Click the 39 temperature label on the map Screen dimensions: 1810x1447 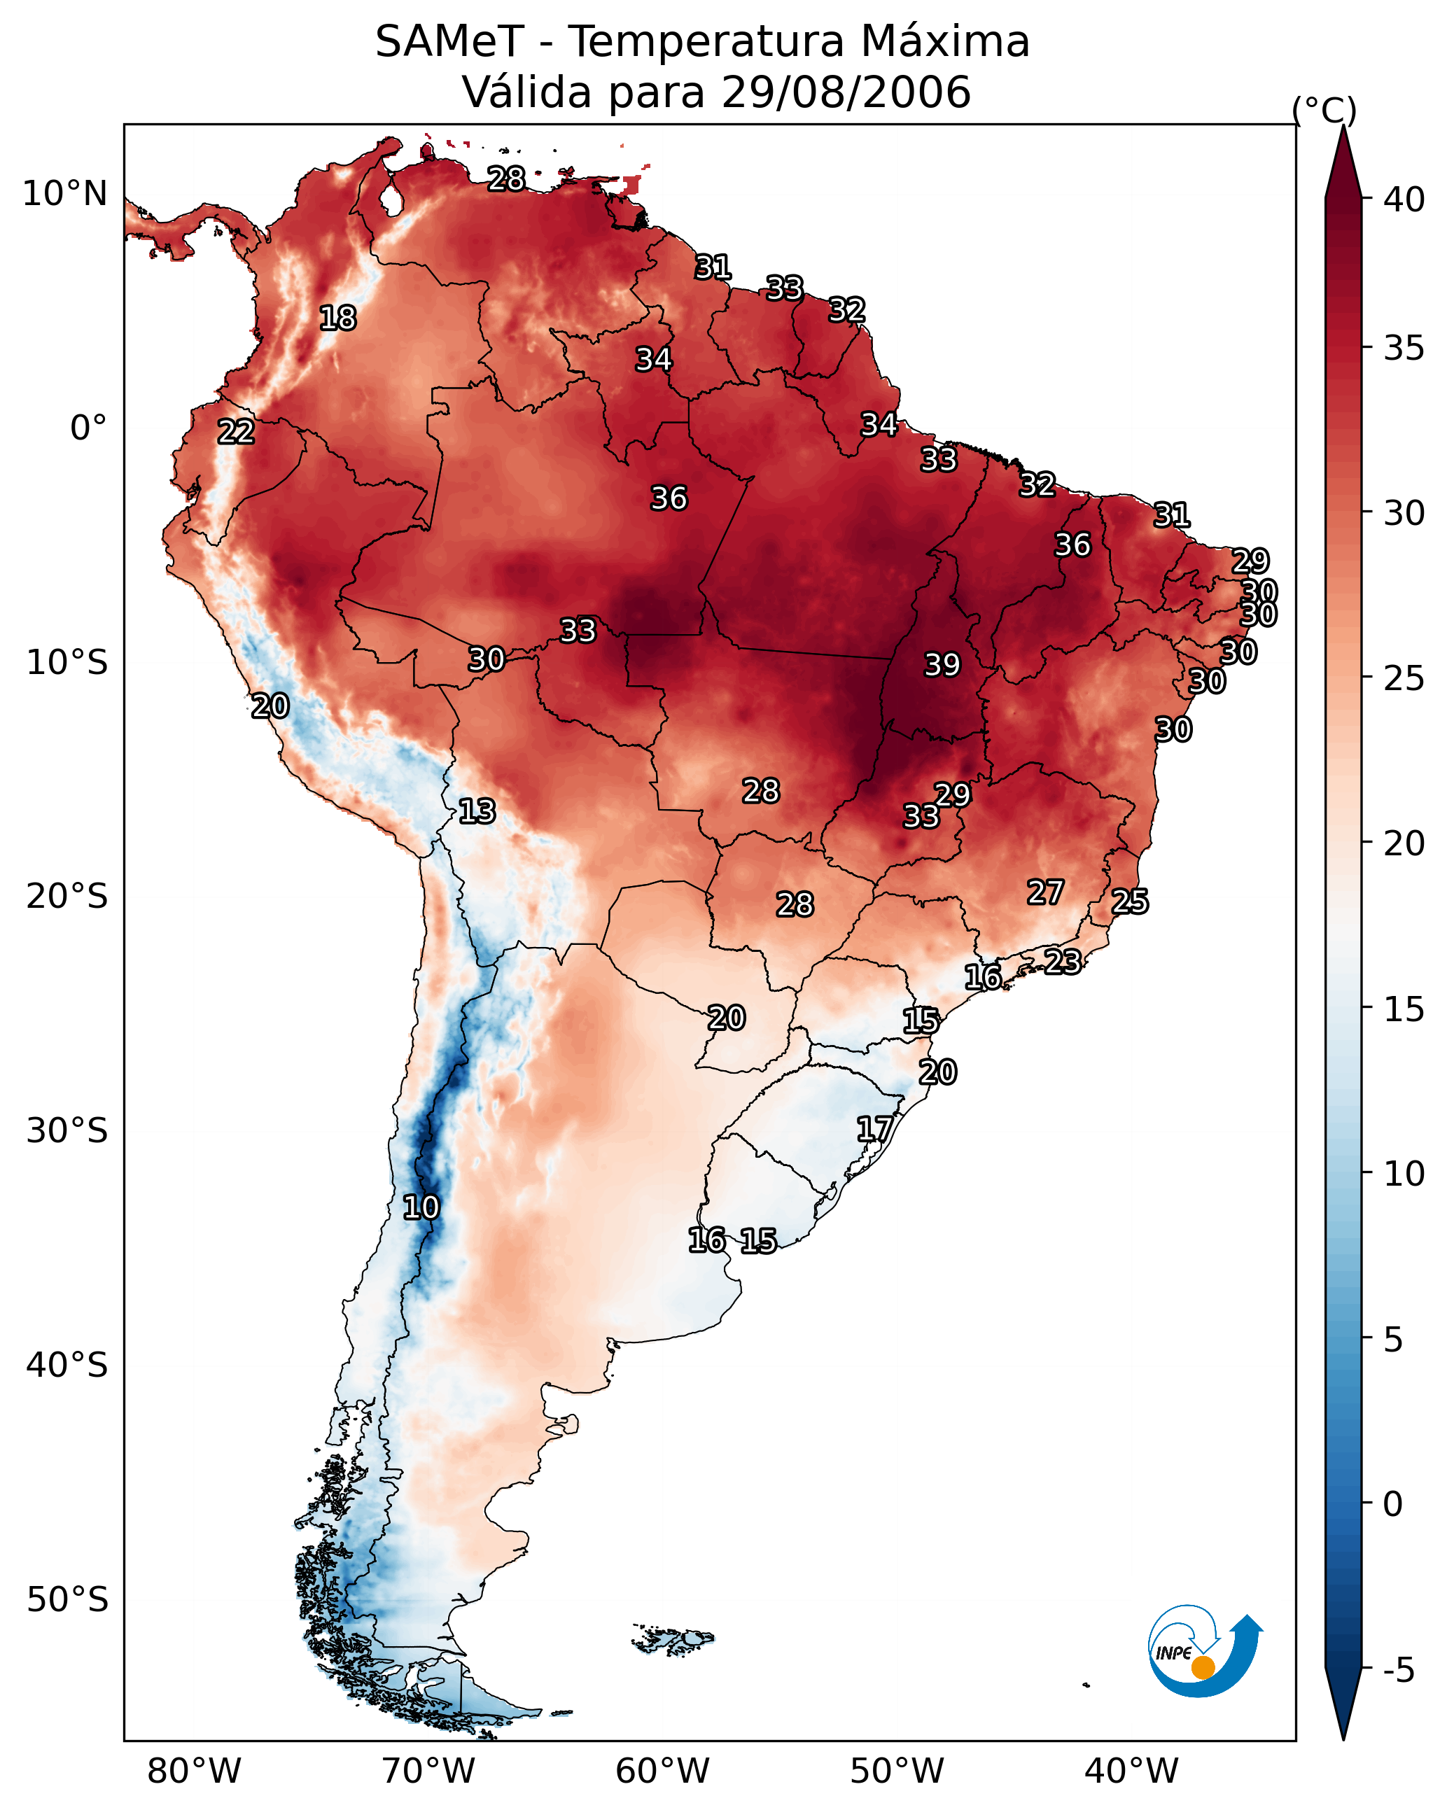coord(942,665)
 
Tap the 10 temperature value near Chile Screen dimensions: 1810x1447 coord(421,1207)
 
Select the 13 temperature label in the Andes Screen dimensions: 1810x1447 coord(477,811)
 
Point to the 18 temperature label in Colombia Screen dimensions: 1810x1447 coord(337,318)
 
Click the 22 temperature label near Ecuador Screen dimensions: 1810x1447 coord(236,432)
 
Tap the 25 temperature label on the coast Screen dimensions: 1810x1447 coord(1130,902)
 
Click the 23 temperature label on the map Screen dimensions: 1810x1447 coord(1063,961)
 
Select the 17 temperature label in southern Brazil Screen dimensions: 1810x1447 coord(874,1128)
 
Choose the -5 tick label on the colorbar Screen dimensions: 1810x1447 coord(1398,1670)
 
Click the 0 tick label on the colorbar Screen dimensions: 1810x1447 coord(1392,1503)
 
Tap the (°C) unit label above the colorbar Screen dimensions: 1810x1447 coord(1324,110)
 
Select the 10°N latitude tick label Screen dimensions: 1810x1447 coord(64,194)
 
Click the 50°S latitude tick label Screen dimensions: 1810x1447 coord(67,1599)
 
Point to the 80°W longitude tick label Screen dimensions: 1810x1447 coord(194,1772)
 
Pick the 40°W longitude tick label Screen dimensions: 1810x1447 coord(1131,1772)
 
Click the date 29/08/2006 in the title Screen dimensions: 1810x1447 coord(846,92)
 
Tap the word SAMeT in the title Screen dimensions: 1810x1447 coord(449,42)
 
